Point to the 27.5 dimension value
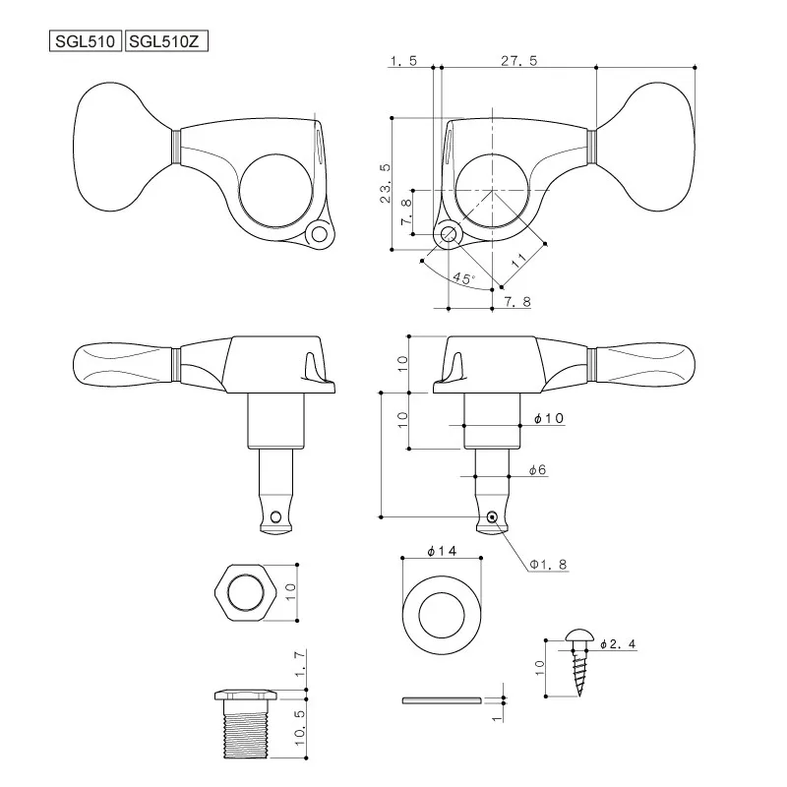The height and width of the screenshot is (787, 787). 517,60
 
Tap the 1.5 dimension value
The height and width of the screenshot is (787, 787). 403,60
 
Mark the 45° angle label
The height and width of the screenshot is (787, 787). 463,279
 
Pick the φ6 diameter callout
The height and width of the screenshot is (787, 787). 537,471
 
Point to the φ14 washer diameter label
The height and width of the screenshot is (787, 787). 441,551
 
